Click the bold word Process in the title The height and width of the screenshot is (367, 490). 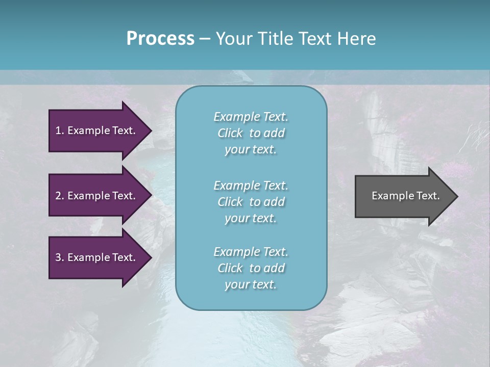tap(160, 39)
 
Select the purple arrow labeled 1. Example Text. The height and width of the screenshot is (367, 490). tap(97, 130)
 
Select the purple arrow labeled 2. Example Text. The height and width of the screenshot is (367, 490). tap(97, 196)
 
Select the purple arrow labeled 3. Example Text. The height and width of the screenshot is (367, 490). tap(97, 257)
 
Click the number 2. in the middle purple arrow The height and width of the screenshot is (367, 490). tap(59, 196)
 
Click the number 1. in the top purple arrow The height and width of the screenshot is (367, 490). tap(59, 130)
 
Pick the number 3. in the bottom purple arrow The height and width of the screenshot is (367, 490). tap(59, 257)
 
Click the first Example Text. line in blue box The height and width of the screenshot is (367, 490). tap(251, 117)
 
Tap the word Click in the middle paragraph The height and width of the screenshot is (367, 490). tap(230, 202)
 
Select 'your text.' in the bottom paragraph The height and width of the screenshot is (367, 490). tap(251, 284)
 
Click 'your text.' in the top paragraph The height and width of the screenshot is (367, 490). tap(251, 149)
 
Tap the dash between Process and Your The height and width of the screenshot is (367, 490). tap(205, 39)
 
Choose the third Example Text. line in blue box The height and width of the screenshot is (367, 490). tap(251, 252)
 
